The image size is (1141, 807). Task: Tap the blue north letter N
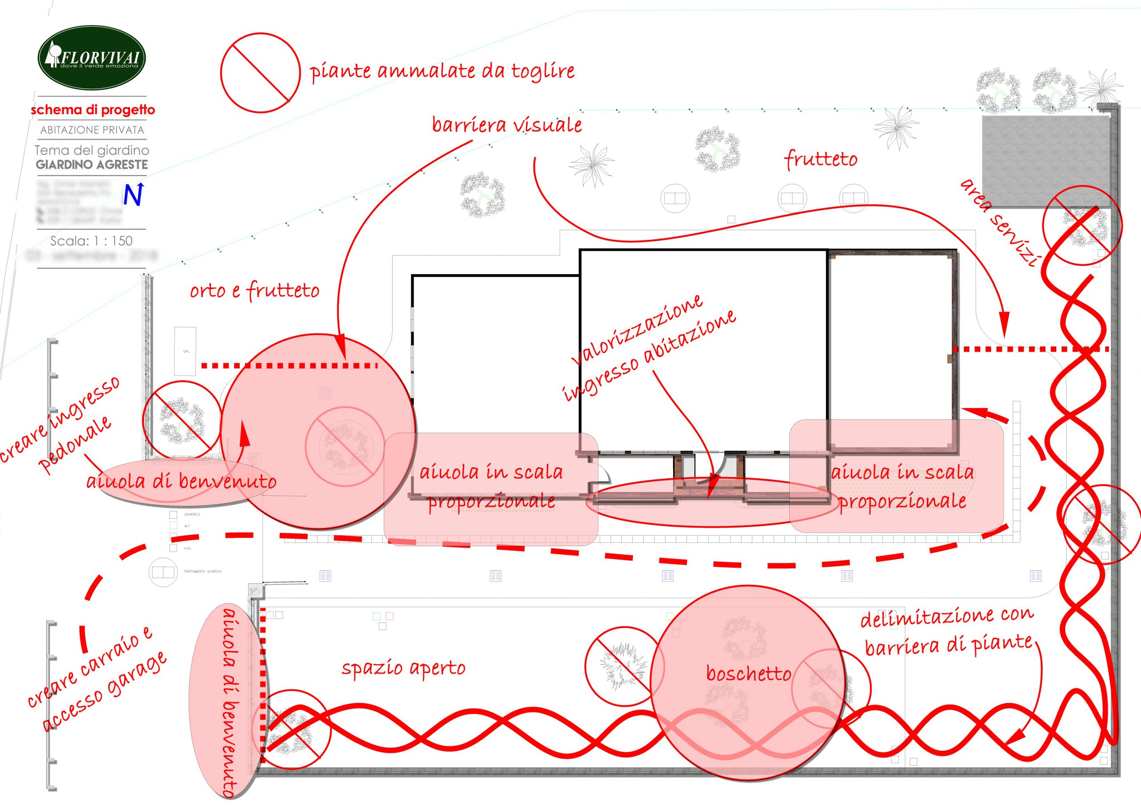(x=133, y=195)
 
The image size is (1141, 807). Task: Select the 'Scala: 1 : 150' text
(x=91, y=241)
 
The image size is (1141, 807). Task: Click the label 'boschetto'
(x=748, y=674)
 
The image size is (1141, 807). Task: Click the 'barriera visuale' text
(x=506, y=124)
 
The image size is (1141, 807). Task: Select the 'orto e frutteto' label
(x=254, y=290)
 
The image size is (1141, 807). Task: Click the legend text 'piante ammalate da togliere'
(x=442, y=71)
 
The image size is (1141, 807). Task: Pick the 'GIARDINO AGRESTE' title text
(x=92, y=165)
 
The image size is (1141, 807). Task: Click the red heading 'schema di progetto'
(x=93, y=110)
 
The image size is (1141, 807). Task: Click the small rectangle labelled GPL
(x=186, y=351)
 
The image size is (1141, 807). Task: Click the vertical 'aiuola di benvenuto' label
(x=230, y=701)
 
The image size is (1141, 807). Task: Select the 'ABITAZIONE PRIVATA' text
(x=92, y=130)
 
